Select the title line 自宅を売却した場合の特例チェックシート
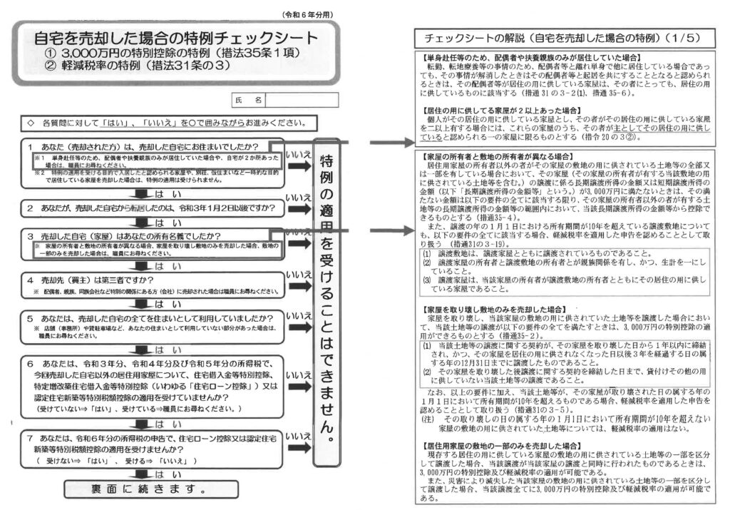177,39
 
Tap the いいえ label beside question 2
297,197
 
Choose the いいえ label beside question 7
297,434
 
